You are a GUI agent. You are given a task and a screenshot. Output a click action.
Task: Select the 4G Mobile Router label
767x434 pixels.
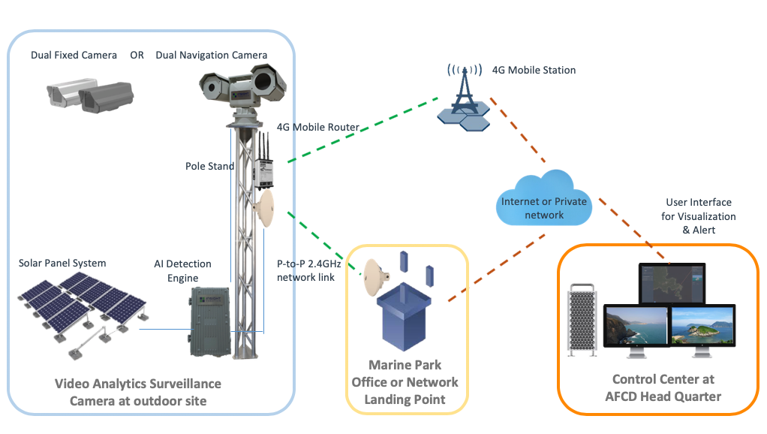click(318, 127)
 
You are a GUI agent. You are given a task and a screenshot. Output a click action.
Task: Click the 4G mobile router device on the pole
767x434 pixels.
click(263, 166)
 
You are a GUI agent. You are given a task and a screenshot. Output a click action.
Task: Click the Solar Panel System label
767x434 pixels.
click(62, 263)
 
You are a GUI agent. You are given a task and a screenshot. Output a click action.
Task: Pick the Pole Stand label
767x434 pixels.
click(209, 165)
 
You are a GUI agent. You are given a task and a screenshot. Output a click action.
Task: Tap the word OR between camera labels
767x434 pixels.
click(137, 56)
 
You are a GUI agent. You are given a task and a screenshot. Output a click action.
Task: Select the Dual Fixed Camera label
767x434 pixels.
click(74, 56)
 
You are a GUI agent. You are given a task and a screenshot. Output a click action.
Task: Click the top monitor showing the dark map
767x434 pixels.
click(672, 284)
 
